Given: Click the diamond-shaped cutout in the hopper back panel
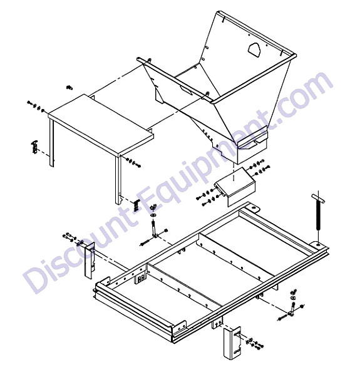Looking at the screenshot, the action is pos(254,49).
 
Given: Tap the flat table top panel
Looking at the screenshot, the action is pos(101,123).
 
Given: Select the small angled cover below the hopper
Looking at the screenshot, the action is pos(235,185).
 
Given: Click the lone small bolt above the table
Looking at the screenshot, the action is pos(69,88).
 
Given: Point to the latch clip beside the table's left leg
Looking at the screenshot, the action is pos(34,147).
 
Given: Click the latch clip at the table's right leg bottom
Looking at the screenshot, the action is pos(136,205).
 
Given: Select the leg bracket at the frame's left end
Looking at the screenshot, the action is pos(90,261).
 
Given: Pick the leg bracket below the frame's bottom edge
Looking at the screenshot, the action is pos(232,342).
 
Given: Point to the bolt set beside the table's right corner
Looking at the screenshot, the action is pos(133,162).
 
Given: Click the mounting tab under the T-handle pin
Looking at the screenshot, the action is pos(318,244).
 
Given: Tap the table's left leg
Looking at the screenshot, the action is pos(51,142).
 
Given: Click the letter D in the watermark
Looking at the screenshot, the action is pos(39,279).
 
